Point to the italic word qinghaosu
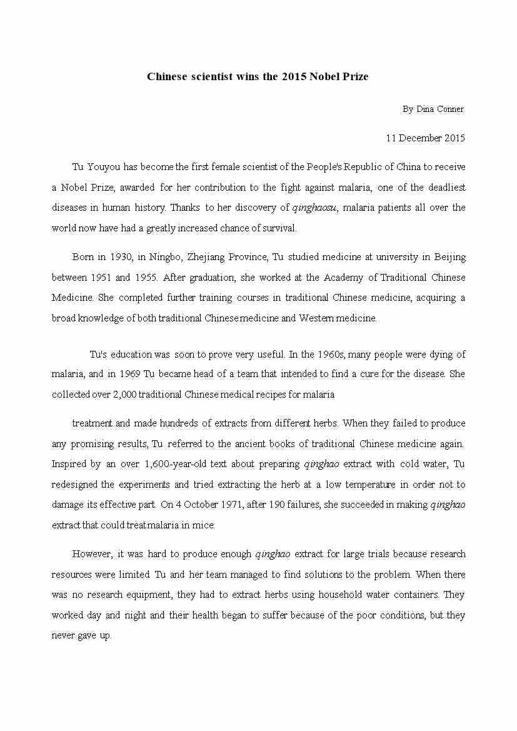315,208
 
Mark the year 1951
103,277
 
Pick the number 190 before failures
276,505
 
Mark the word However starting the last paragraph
93,554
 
